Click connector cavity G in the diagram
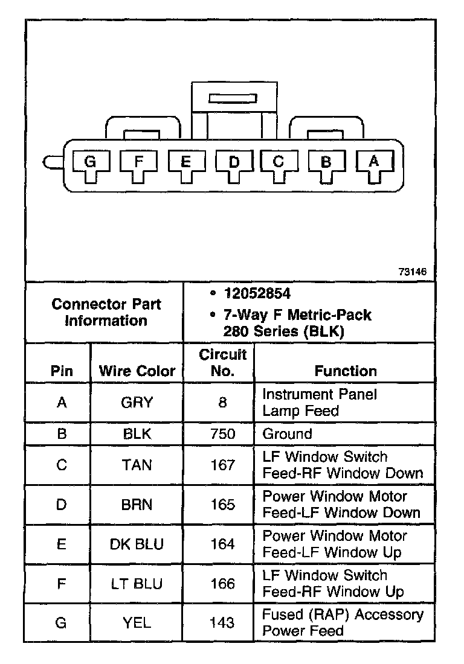tap(90, 162)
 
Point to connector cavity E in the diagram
tap(185, 162)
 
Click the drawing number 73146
tap(412, 272)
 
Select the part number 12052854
tap(257, 294)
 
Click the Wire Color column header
tap(137, 371)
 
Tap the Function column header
tap(346, 371)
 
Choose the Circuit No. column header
tap(222, 362)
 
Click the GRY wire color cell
tap(137, 403)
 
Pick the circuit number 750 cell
tap(222, 434)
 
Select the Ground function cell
tap(287, 434)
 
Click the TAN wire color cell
tap(137, 465)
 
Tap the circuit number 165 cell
tap(222, 505)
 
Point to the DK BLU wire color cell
tap(137, 544)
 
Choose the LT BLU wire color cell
tap(137, 584)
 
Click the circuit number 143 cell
tap(222, 623)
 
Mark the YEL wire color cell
tap(137, 623)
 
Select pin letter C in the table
tap(61, 465)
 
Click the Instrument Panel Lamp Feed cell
tap(319, 403)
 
